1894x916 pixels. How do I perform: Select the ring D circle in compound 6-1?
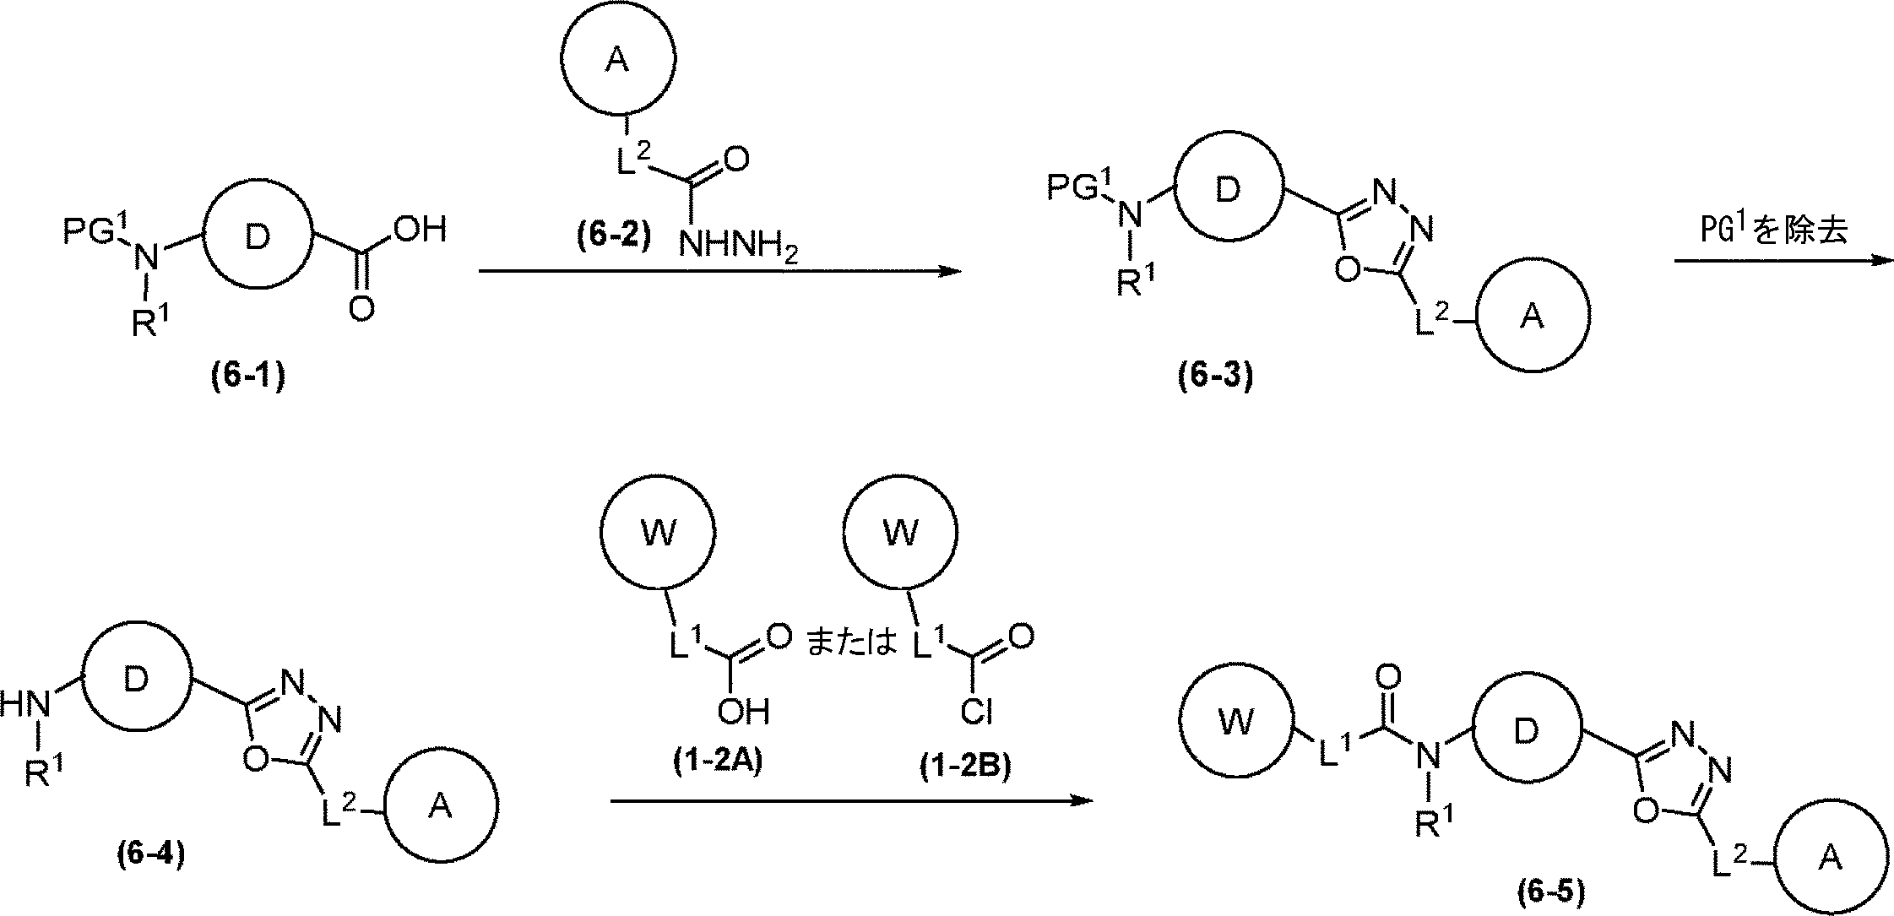[257, 237]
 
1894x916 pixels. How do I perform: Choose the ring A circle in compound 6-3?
[1533, 317]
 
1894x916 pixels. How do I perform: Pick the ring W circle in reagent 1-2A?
[659, 533]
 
